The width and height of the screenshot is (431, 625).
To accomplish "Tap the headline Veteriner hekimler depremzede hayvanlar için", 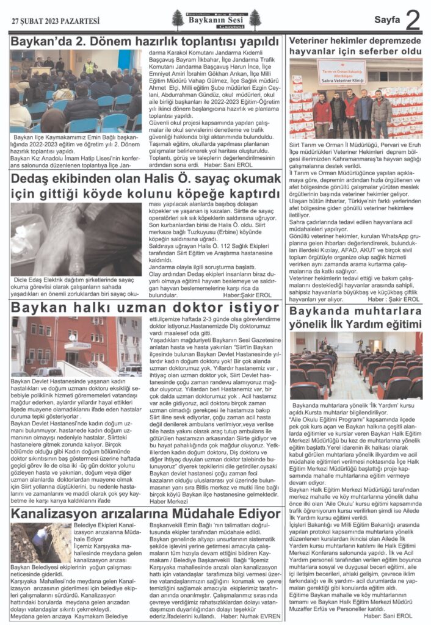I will point(355,49).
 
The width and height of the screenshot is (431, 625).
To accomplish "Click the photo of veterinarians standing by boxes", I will point(355,99).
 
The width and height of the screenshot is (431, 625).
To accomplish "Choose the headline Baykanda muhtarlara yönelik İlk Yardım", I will point(355,318).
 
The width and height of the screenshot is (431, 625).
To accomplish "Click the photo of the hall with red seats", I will point(355,366).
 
